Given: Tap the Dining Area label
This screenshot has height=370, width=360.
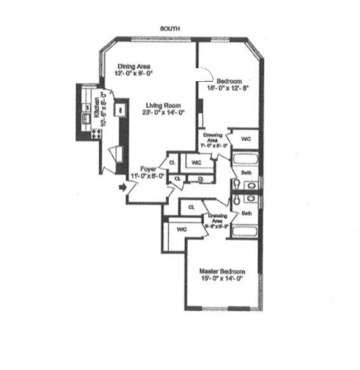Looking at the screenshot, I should point(133,65).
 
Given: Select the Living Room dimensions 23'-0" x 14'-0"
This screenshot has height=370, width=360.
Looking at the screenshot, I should point(163,113).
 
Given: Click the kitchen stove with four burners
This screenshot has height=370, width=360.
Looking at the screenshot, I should point(97,134).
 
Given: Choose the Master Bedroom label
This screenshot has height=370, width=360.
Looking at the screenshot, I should point(222,271).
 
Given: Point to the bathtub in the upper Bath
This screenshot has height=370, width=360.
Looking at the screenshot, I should point(244,159).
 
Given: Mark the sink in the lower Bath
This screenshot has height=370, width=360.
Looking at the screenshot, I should point(249,198).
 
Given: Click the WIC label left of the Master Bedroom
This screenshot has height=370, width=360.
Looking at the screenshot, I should point(181,229).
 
